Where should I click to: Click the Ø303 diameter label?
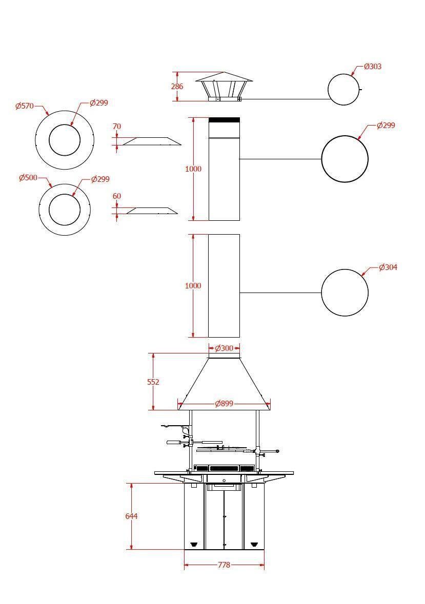(x=373, y=67)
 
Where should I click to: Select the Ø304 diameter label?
(x=388, y=267)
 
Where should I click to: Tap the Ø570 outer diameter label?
(x=24, y=106)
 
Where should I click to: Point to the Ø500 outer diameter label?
(x=28, y=178)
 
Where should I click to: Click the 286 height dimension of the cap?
(x=177, y=87)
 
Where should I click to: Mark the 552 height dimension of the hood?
(x=153, y=382)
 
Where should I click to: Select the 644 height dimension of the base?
(x=131, y=516)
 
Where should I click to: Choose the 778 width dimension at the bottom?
(x=224, y=565)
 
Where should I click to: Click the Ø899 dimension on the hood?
(x=224, y=404)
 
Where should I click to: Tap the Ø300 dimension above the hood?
(x=224, y=348)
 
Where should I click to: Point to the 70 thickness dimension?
(x=116, y=126)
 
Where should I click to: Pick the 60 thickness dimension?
(x=116, y=196)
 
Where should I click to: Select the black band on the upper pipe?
(x=224, y=120)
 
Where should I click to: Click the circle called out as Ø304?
(x=345, y=293)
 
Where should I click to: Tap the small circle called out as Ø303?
(x=343, y=89)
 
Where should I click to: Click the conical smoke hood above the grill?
(x=224, y=382)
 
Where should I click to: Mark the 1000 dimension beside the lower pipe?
(x=193, y=286)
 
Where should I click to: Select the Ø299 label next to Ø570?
(x=98, y=103)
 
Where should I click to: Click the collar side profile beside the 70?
(x=151, y=141)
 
